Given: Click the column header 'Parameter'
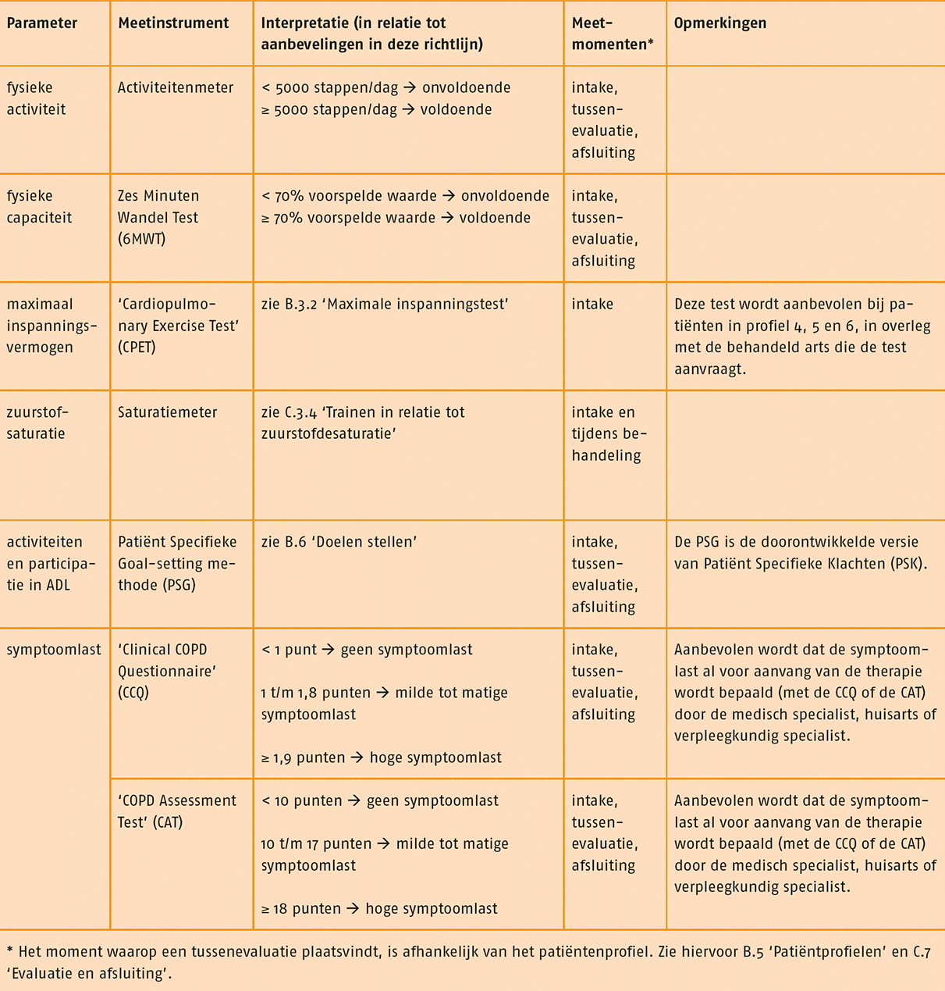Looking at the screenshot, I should point(42,23).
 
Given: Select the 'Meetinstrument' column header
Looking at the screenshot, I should point(173,23).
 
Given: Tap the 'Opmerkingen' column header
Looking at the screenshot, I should point(720,23).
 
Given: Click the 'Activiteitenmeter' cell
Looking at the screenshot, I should point(176,88).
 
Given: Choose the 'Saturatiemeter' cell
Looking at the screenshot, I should point(168,412).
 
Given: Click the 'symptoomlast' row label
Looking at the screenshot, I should point(54,650).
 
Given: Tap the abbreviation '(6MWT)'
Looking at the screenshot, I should point(142,239).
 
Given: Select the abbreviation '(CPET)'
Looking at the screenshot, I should point(137,348).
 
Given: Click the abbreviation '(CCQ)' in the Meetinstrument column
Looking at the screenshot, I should point(133,693).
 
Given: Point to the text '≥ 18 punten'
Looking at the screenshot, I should point(301,909).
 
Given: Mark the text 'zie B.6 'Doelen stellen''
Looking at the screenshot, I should point(339,542).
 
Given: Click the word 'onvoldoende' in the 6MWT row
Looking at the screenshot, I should point(505,196).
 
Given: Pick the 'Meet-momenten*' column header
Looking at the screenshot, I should point(613,34).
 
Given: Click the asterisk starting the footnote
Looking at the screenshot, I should point(9,952).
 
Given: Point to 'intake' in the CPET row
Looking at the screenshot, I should point(592,305).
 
